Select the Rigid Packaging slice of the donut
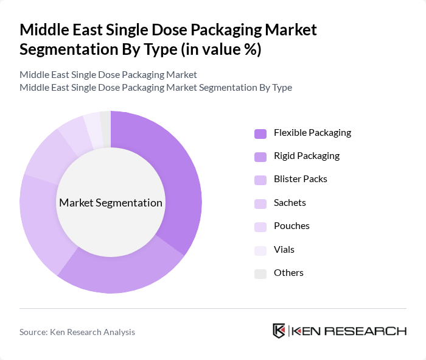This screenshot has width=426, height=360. [122, 274]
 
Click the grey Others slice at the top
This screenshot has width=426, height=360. [106, 120]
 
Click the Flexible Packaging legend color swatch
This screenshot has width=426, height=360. [260, 133]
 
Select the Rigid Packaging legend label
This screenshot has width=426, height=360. [306, 156]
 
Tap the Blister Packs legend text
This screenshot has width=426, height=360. [300, 179]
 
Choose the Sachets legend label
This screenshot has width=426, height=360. [290, 203]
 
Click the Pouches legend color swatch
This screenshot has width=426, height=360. [260, 227]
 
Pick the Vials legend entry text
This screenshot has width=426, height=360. [284, 250]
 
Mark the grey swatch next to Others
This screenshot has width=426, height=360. [260, 274]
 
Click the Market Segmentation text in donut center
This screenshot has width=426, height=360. [110, 203]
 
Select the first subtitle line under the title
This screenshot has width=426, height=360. [108, 74]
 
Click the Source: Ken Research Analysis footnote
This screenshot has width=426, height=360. [77, 332]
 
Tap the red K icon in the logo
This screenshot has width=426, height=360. [279, 331]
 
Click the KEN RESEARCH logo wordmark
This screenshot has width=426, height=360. [348, 331]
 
